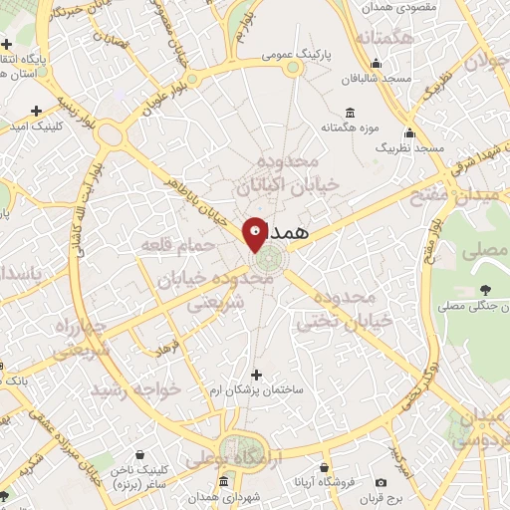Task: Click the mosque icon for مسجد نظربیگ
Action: (x=408, y=132)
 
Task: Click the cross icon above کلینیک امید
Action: (x=37, y=112)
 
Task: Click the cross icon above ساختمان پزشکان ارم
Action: (x=257, y=375)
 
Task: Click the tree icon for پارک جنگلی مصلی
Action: (x=484, y=290)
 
